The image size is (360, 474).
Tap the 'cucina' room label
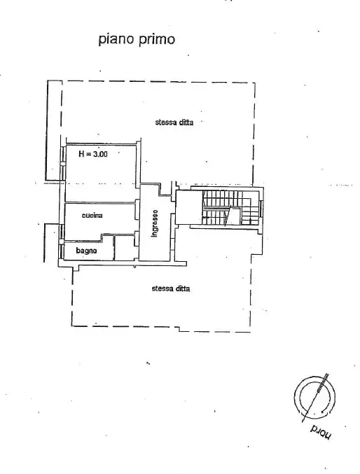[x=92, y=216]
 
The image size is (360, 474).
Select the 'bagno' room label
[x=86, y=250]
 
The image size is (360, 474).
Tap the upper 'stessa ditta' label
[x=174, y=122]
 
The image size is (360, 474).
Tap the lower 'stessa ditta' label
[x=171, y=288]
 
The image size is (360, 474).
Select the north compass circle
[x=312, y=396]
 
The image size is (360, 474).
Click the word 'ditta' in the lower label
[x=183, y=288]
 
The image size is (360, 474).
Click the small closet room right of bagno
[x=125, y=248]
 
